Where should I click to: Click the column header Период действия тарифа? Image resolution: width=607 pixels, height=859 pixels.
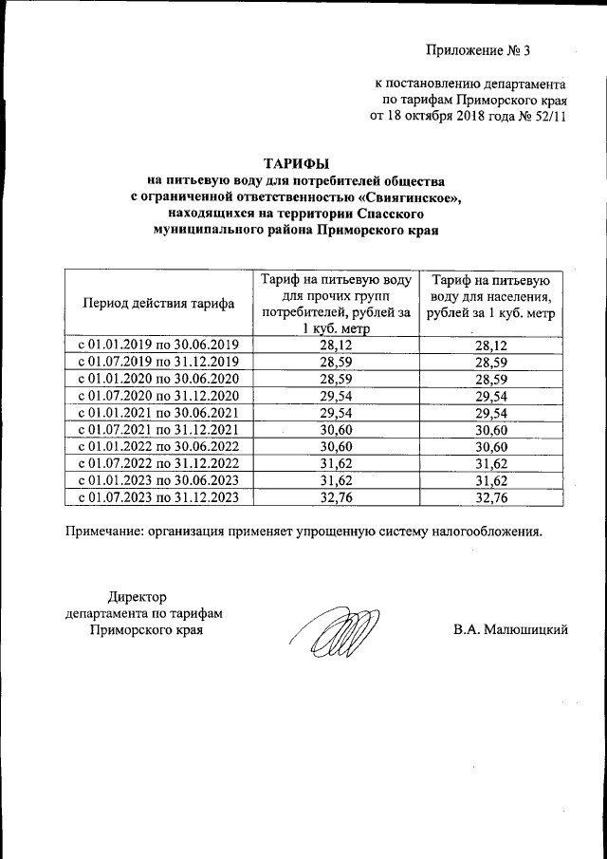(x=158, y=304)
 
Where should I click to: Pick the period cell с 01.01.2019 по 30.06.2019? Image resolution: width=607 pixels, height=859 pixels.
(x=158, y=345)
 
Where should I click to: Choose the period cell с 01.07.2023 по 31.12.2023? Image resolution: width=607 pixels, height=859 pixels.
(x=158, y=496)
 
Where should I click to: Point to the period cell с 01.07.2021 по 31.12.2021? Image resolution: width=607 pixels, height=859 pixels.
(x=158, y=429)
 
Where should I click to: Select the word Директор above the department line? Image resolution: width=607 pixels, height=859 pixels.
(x=138, y=597)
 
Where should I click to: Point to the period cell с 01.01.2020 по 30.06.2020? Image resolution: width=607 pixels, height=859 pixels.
(x=158, y=378)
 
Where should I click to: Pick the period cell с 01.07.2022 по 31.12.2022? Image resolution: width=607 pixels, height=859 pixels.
(x=158, y=462)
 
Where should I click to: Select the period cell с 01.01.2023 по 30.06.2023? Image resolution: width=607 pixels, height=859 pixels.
(x=158, y=479)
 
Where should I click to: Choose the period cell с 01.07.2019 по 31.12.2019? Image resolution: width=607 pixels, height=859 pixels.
(x=158, y=362)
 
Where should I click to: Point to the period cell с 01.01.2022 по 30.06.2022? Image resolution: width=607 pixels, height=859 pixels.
(x=158, y=446)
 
